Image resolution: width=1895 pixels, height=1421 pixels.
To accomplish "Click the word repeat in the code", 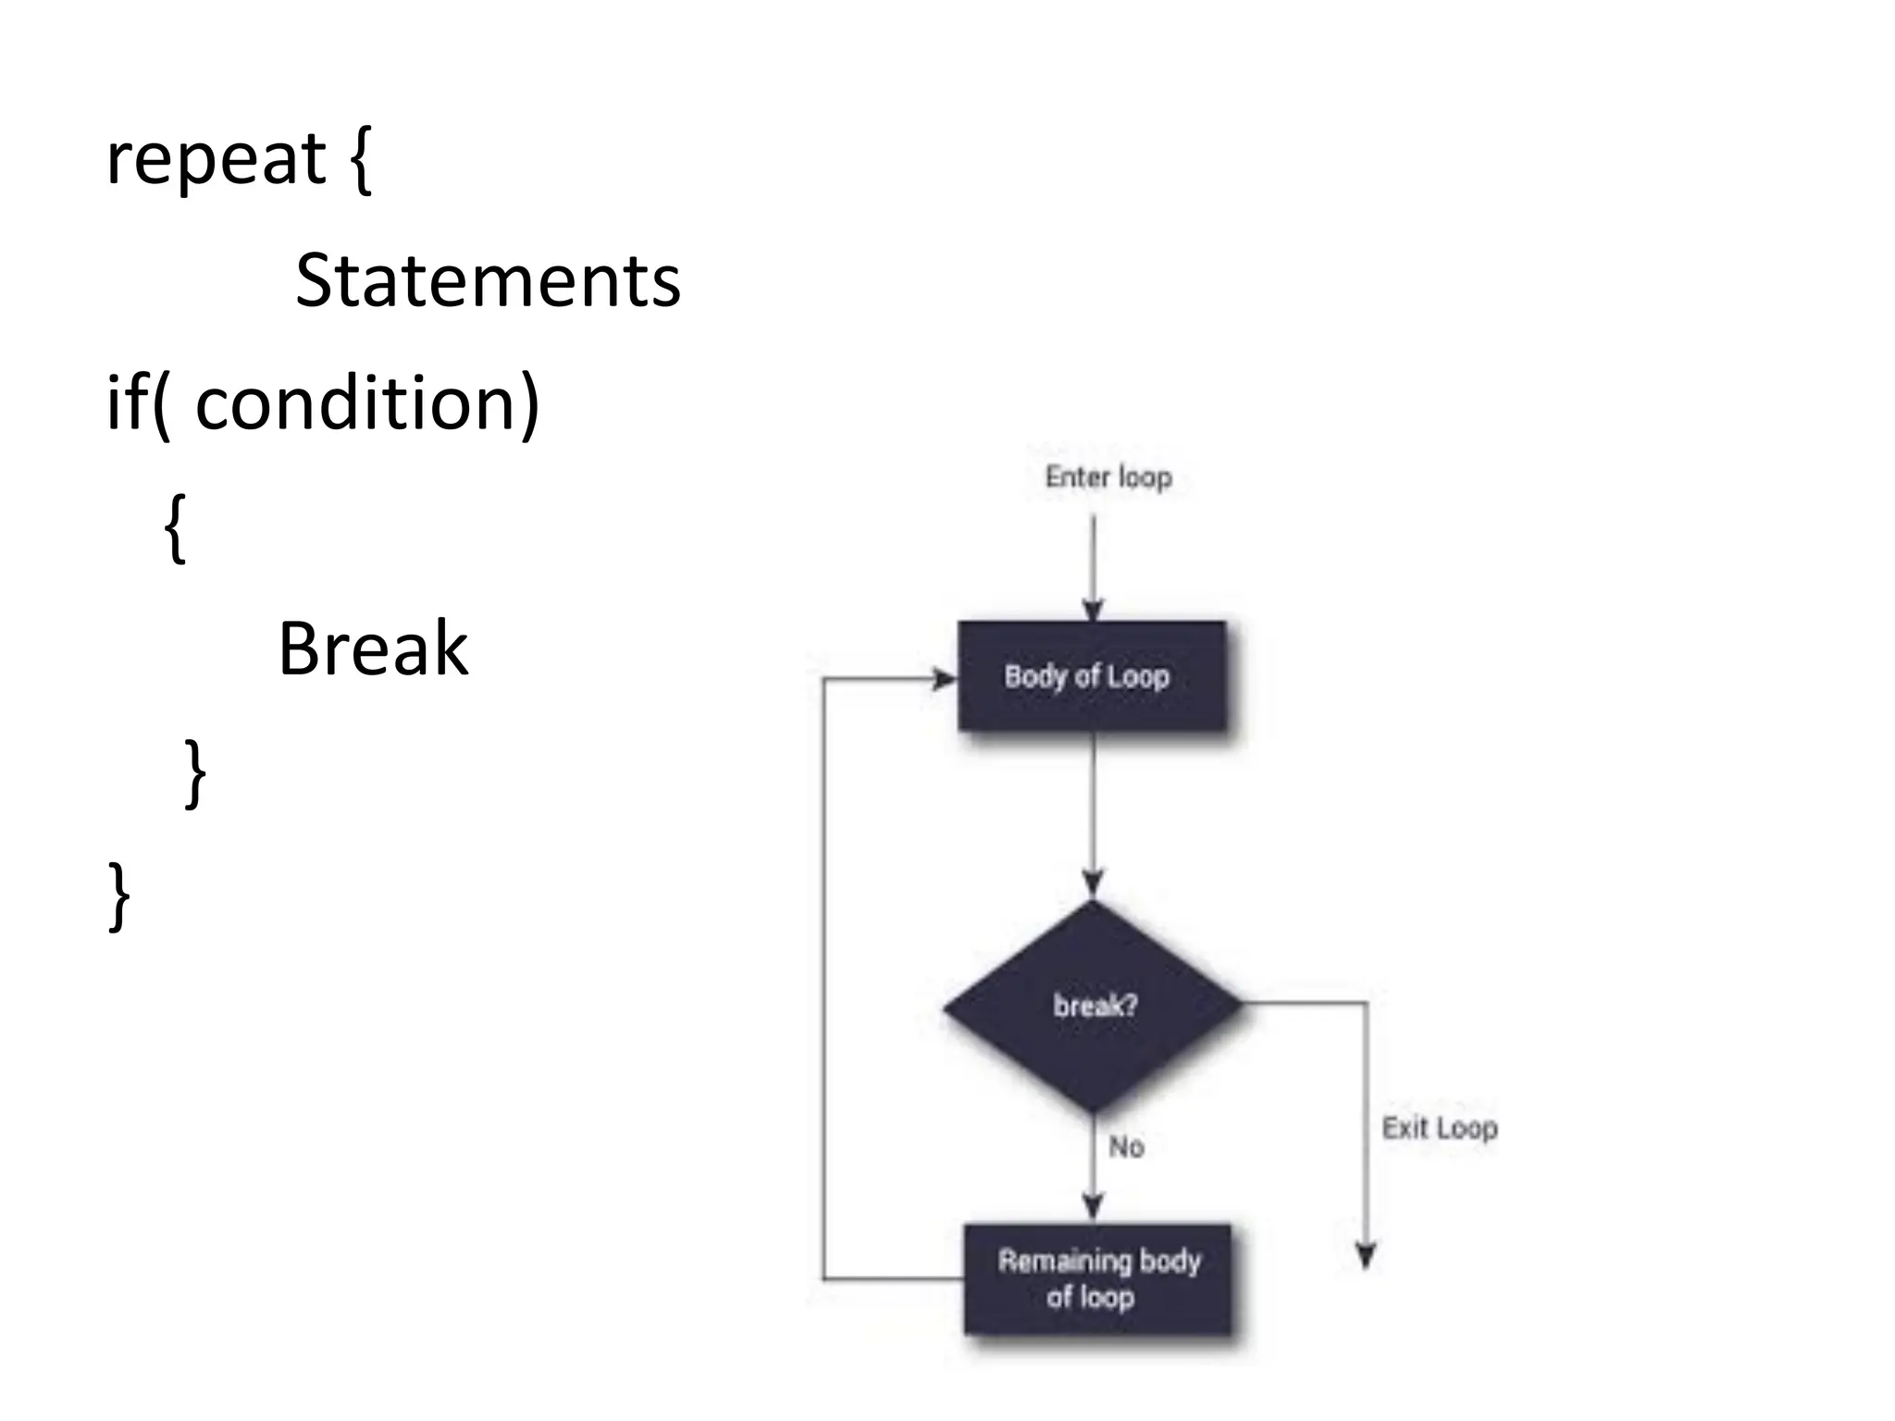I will click(x=216, y=159).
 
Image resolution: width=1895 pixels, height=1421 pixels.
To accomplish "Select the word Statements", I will click(x=488, y=280).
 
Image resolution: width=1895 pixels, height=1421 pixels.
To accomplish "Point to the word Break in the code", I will click(x=373, y=649).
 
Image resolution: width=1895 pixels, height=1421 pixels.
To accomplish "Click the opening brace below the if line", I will click(x=175, y=528).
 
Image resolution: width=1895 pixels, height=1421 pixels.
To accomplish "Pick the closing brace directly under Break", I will click(x=195, y=773).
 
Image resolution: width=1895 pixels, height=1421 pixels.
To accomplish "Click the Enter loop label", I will click(x=1108, y=477).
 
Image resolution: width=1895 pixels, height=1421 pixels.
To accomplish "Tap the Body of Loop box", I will click(x=1092, y=676).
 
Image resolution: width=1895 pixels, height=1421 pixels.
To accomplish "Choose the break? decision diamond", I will click(x=1093, y=1006).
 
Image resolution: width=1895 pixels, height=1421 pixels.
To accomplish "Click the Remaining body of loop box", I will click(x=1097, y=1279).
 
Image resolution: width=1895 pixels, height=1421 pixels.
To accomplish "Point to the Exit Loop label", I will click(x=1439, y=1129).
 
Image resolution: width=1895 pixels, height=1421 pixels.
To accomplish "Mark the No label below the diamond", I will click(x=1126, y=1147).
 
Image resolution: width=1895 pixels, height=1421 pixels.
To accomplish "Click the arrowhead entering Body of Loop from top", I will click(x=1093, y=611).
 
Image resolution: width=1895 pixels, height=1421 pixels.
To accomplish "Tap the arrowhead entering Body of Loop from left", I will click(x=944, y=680).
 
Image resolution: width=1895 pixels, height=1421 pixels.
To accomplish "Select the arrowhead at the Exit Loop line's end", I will click(x=1366, y=1256).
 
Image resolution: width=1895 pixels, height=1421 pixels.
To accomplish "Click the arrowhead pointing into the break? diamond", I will click(x=1093, y=883).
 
